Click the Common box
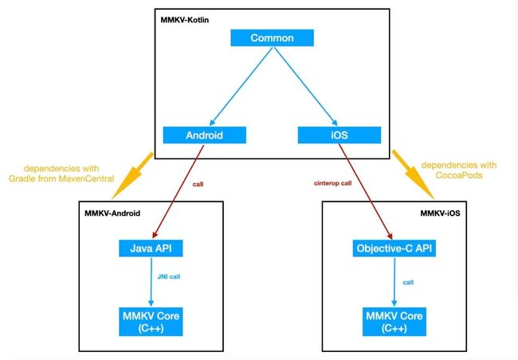[272, 37]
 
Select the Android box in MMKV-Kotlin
[205, 135]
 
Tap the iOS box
[339, 135]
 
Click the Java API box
[151, 248]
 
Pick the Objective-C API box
[394, 248]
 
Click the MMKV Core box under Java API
[151, 322]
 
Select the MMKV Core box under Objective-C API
[394, 322]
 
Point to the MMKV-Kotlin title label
[185, 20]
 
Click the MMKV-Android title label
[112, 213]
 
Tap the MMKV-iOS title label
[440, 213]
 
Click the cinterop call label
[332, 183]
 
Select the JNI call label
[169, 276]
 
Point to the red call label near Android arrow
[198, 184]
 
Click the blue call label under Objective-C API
[408, 283]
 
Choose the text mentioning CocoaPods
[459, 170]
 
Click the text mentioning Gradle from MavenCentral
[61, 174]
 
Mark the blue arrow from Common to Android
[241, 86]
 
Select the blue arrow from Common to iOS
[305, 86]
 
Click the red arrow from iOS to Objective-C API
[366, 192]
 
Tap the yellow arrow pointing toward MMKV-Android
[132, 176]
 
